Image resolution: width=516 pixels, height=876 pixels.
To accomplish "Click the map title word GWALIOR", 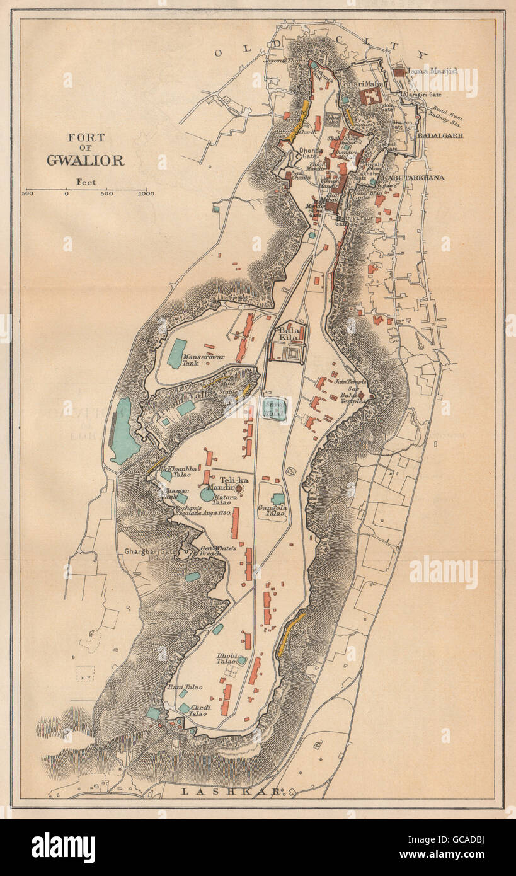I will point(85,159).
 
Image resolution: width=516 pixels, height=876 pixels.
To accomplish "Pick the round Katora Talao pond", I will point(207,494).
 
